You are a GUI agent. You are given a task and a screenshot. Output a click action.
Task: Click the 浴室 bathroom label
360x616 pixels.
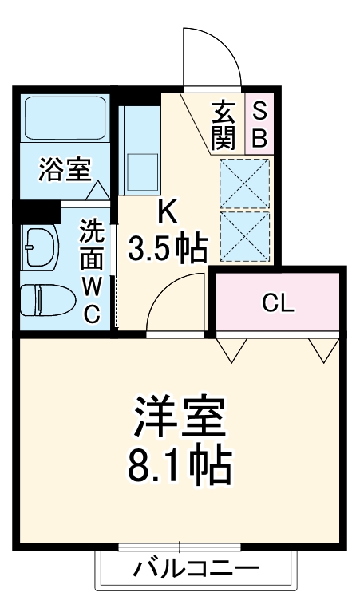pyautogui.click(x=65, y=169)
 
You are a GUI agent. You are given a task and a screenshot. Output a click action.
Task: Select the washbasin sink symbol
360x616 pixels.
pyautogui.click(x=38, y=248)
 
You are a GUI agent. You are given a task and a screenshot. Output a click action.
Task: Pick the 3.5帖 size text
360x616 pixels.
pyautogui.click(x=168, y=248)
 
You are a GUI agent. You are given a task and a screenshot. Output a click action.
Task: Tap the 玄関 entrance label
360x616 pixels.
pyautogui.click(x=224, y=124)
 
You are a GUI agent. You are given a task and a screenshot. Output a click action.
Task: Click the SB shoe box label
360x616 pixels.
pyautogui.click(x=259, y=124)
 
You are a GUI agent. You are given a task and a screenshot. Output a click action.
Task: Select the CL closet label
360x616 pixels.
pyautogui.click(x=278, y=303)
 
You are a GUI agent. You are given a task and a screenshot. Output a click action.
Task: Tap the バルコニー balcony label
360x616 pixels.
pyautogui.click(x=196, y=571)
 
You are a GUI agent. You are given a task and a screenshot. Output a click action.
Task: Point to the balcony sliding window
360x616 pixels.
pyautogui.click(x=180, y=547)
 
